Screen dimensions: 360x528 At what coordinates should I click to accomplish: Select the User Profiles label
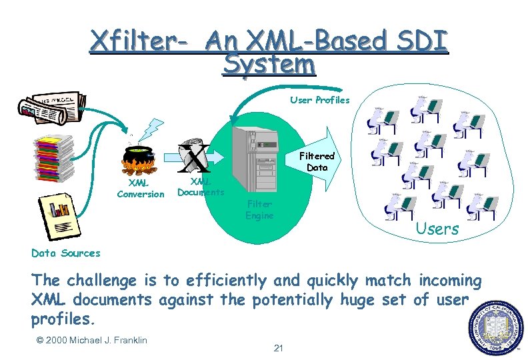point(319,100)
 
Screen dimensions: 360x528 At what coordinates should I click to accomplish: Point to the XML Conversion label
point(140,188)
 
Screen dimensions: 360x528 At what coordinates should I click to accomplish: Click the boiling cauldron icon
point(139,160)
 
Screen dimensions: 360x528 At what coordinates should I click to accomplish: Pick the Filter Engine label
point(259,210)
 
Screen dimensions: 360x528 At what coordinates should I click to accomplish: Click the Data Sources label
point(65,253)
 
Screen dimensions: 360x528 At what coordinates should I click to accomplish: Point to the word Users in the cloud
point(437,229)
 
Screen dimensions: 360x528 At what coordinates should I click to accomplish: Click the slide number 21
point(279,348)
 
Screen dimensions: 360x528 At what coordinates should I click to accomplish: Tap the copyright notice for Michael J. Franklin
point(91,341)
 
